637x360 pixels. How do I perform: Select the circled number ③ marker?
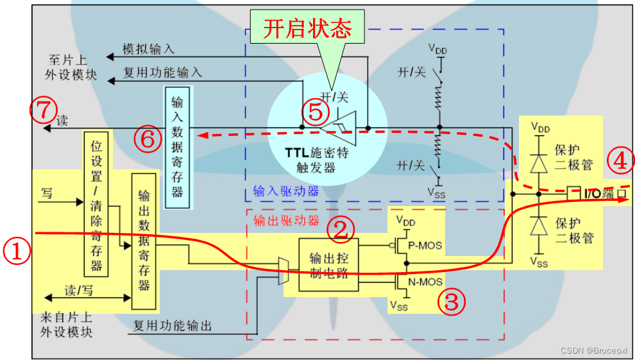pos(452,301)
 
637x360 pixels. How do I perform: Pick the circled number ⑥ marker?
pos(147,139)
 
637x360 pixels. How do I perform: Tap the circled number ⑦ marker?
pos(43,110)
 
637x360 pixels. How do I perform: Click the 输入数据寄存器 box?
pos(177,147)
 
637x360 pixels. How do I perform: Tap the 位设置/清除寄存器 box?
pos(98,203)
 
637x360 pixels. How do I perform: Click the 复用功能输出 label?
pos(173,325)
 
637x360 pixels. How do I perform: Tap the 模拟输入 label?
pos(149,49)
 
